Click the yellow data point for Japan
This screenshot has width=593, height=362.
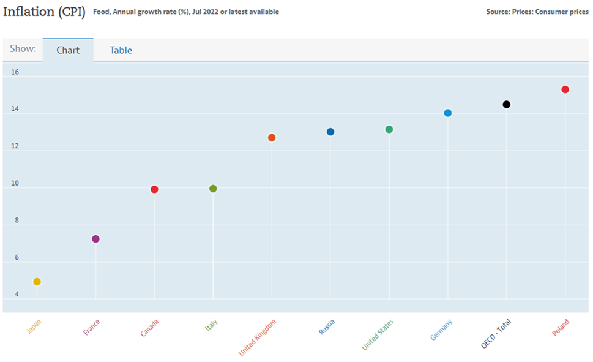(x=37, y=282)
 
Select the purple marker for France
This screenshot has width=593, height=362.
(x=95, y=239)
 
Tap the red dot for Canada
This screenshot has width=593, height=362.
(x=154, y=190)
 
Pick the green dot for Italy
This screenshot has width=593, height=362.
(x=213, y=189)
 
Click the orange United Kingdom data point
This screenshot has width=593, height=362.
(x=272, y=138)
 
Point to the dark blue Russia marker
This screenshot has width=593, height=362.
(x=330, y=132)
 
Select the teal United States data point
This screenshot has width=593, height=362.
(x=389, y=129)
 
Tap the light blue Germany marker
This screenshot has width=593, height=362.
(x=448, y=113)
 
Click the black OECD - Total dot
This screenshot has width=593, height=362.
(x=507, y=104)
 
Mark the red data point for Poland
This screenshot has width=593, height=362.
(x=565, y=89)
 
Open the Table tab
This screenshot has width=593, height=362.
(x=121, y=50)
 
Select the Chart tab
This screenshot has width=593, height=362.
(x=68, y=50)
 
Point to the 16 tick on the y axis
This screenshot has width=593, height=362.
(x=15, y=72)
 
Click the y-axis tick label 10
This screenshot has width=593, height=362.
(x=15, y=183)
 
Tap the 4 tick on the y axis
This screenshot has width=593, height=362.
(x=17, y=294)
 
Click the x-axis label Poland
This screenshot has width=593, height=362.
(x=559, y=327)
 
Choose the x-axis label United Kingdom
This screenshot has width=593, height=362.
(x=258, y=337)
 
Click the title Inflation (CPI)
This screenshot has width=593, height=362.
(x=45, y=12)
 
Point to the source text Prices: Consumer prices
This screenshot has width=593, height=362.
(x=554, y=12)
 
